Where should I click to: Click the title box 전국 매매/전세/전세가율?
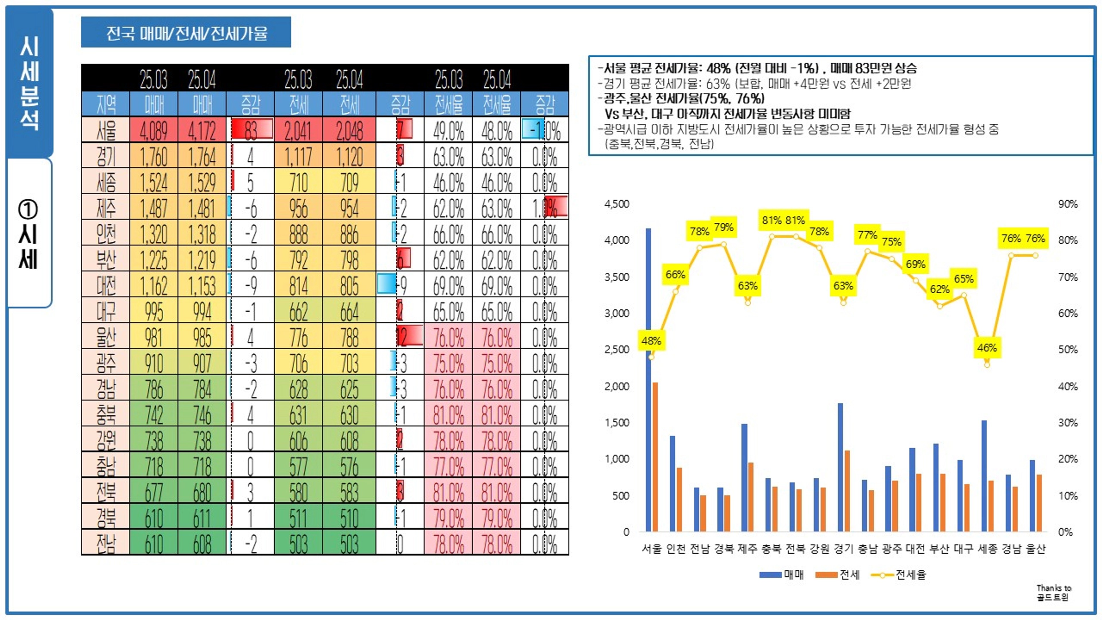coord(186,32)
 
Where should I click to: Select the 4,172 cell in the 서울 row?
coord(202,130)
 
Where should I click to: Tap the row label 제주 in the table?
coord(106,208)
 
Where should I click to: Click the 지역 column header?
coord(106,104)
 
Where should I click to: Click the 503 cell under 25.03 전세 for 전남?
coord(298,543)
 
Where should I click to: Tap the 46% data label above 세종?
coord(987,347)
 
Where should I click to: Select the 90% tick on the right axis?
coord(1068,204)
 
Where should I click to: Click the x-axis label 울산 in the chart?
coord(1035,549)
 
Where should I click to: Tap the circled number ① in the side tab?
coord(28,209)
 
